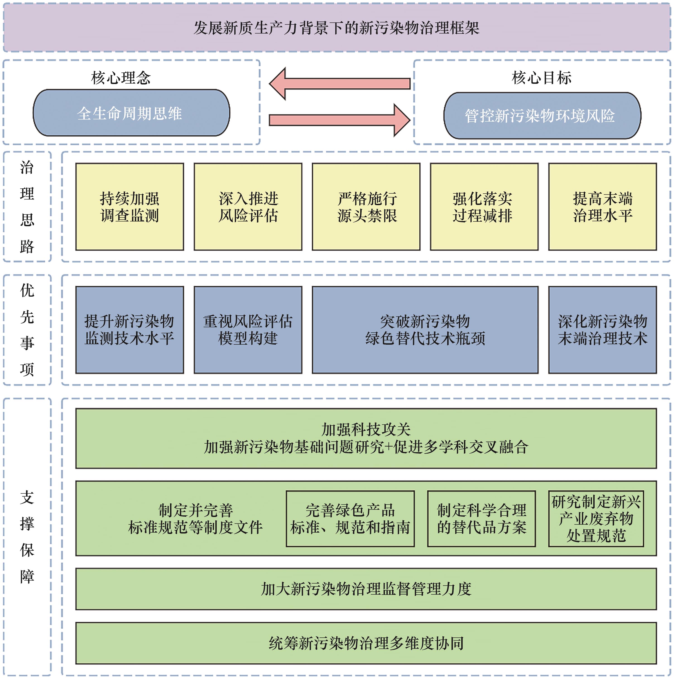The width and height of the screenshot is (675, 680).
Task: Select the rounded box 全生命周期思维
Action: coord(131,113)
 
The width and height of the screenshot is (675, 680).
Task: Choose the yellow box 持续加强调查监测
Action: coord(130,207)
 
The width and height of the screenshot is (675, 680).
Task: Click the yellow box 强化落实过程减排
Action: coord(484,207)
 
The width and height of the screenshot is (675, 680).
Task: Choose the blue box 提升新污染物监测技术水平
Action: coord(130,330)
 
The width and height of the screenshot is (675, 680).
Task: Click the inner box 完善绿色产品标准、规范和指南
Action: coord(350,519)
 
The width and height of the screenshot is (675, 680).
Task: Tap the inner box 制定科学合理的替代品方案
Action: coord(481,519)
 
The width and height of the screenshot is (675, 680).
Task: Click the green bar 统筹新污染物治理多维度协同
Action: coord(366,643)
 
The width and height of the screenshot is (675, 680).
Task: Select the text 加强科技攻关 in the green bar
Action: coord(366,429)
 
